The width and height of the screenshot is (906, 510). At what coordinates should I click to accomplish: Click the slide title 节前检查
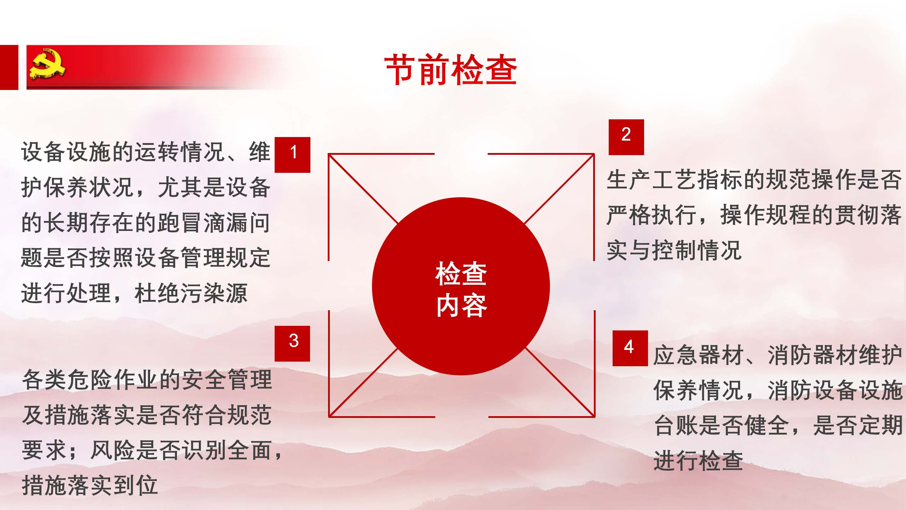[451, 70]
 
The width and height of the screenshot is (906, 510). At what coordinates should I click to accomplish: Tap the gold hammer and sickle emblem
[47, 64]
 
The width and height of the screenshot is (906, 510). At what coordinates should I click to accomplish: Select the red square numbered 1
[292, 155]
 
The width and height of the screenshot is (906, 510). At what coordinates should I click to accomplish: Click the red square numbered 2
[626, 137]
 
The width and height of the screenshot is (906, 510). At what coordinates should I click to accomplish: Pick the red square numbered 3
[292, 344]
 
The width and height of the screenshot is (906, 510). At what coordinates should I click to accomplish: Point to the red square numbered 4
[630, 348]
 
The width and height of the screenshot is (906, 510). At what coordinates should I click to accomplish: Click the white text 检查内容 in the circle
[461, 289]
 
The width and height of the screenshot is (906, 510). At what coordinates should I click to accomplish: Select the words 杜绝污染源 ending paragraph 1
[191, 293]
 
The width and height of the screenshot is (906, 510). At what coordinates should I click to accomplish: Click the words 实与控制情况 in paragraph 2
[674, 250]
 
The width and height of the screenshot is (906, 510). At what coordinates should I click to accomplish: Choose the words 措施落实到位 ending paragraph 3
[90, 485]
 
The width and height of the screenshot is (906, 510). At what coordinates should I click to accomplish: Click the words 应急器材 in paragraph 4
[698, 355]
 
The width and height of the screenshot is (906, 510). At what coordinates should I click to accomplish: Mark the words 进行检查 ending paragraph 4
[698, 461]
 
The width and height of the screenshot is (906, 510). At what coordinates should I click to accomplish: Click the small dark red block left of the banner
[9, 67]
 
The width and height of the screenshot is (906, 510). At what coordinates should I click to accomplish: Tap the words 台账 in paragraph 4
[675, 425]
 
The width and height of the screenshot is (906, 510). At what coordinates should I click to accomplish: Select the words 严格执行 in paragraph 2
[652, 215]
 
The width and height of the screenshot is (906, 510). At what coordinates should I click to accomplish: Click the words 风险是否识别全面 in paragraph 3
[181, 450]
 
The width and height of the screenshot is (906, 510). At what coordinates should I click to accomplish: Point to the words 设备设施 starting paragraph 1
[67, 152]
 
